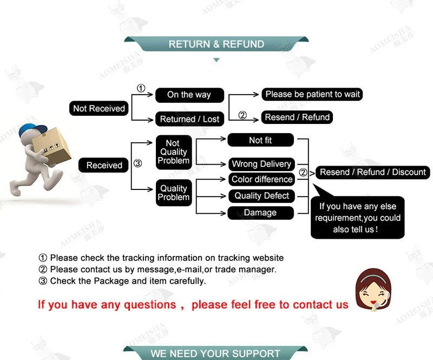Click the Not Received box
pos(99,108)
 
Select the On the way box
pos(189,95)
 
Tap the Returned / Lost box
pos(189,119)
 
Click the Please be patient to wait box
pos(312,94)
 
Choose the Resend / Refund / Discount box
pos(373,172)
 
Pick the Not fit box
pos(261,140)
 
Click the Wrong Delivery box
pos(261,164)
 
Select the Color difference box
pos(261,179)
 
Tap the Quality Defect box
pos(261,196)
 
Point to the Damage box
pos(261,213)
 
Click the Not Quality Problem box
pos(174,152)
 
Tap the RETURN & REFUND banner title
pos(216,44)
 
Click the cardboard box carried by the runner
pos(51,146)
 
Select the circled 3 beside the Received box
pos(137,163)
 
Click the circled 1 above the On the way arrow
pos(141,88)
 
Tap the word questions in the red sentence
pos(150,305)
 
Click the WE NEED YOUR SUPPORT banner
pos(215,353)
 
